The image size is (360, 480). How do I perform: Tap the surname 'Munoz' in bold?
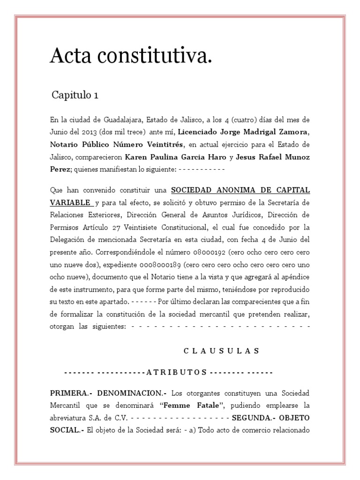[294, 156]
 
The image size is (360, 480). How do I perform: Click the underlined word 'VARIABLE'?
[71, 202]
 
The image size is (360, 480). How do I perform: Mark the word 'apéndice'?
[293, 276]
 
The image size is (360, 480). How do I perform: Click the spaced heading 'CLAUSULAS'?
[221, 351]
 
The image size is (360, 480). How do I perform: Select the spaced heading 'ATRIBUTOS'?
[177, 372]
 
